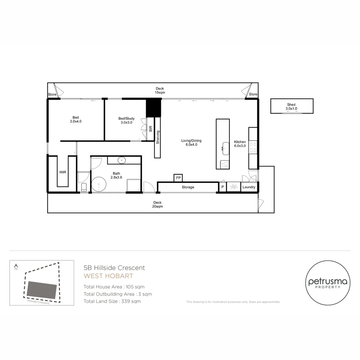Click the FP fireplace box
(178, 178)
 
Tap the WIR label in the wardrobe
(62, 172)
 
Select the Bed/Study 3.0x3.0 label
(126, 120)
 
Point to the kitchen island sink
(226, 147)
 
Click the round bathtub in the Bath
(99, 184)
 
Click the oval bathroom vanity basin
(122, 160)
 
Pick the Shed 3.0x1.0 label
(291, 107)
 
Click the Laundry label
(249, 187)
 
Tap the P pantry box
(223, 187)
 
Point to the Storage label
(188, 187)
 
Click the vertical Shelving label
(158, 137)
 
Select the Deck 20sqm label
(157, 204)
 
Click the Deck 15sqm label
(160, 90)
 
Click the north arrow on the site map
(16, 267)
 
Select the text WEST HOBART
(108, 276)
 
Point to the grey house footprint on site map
(42, 290)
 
